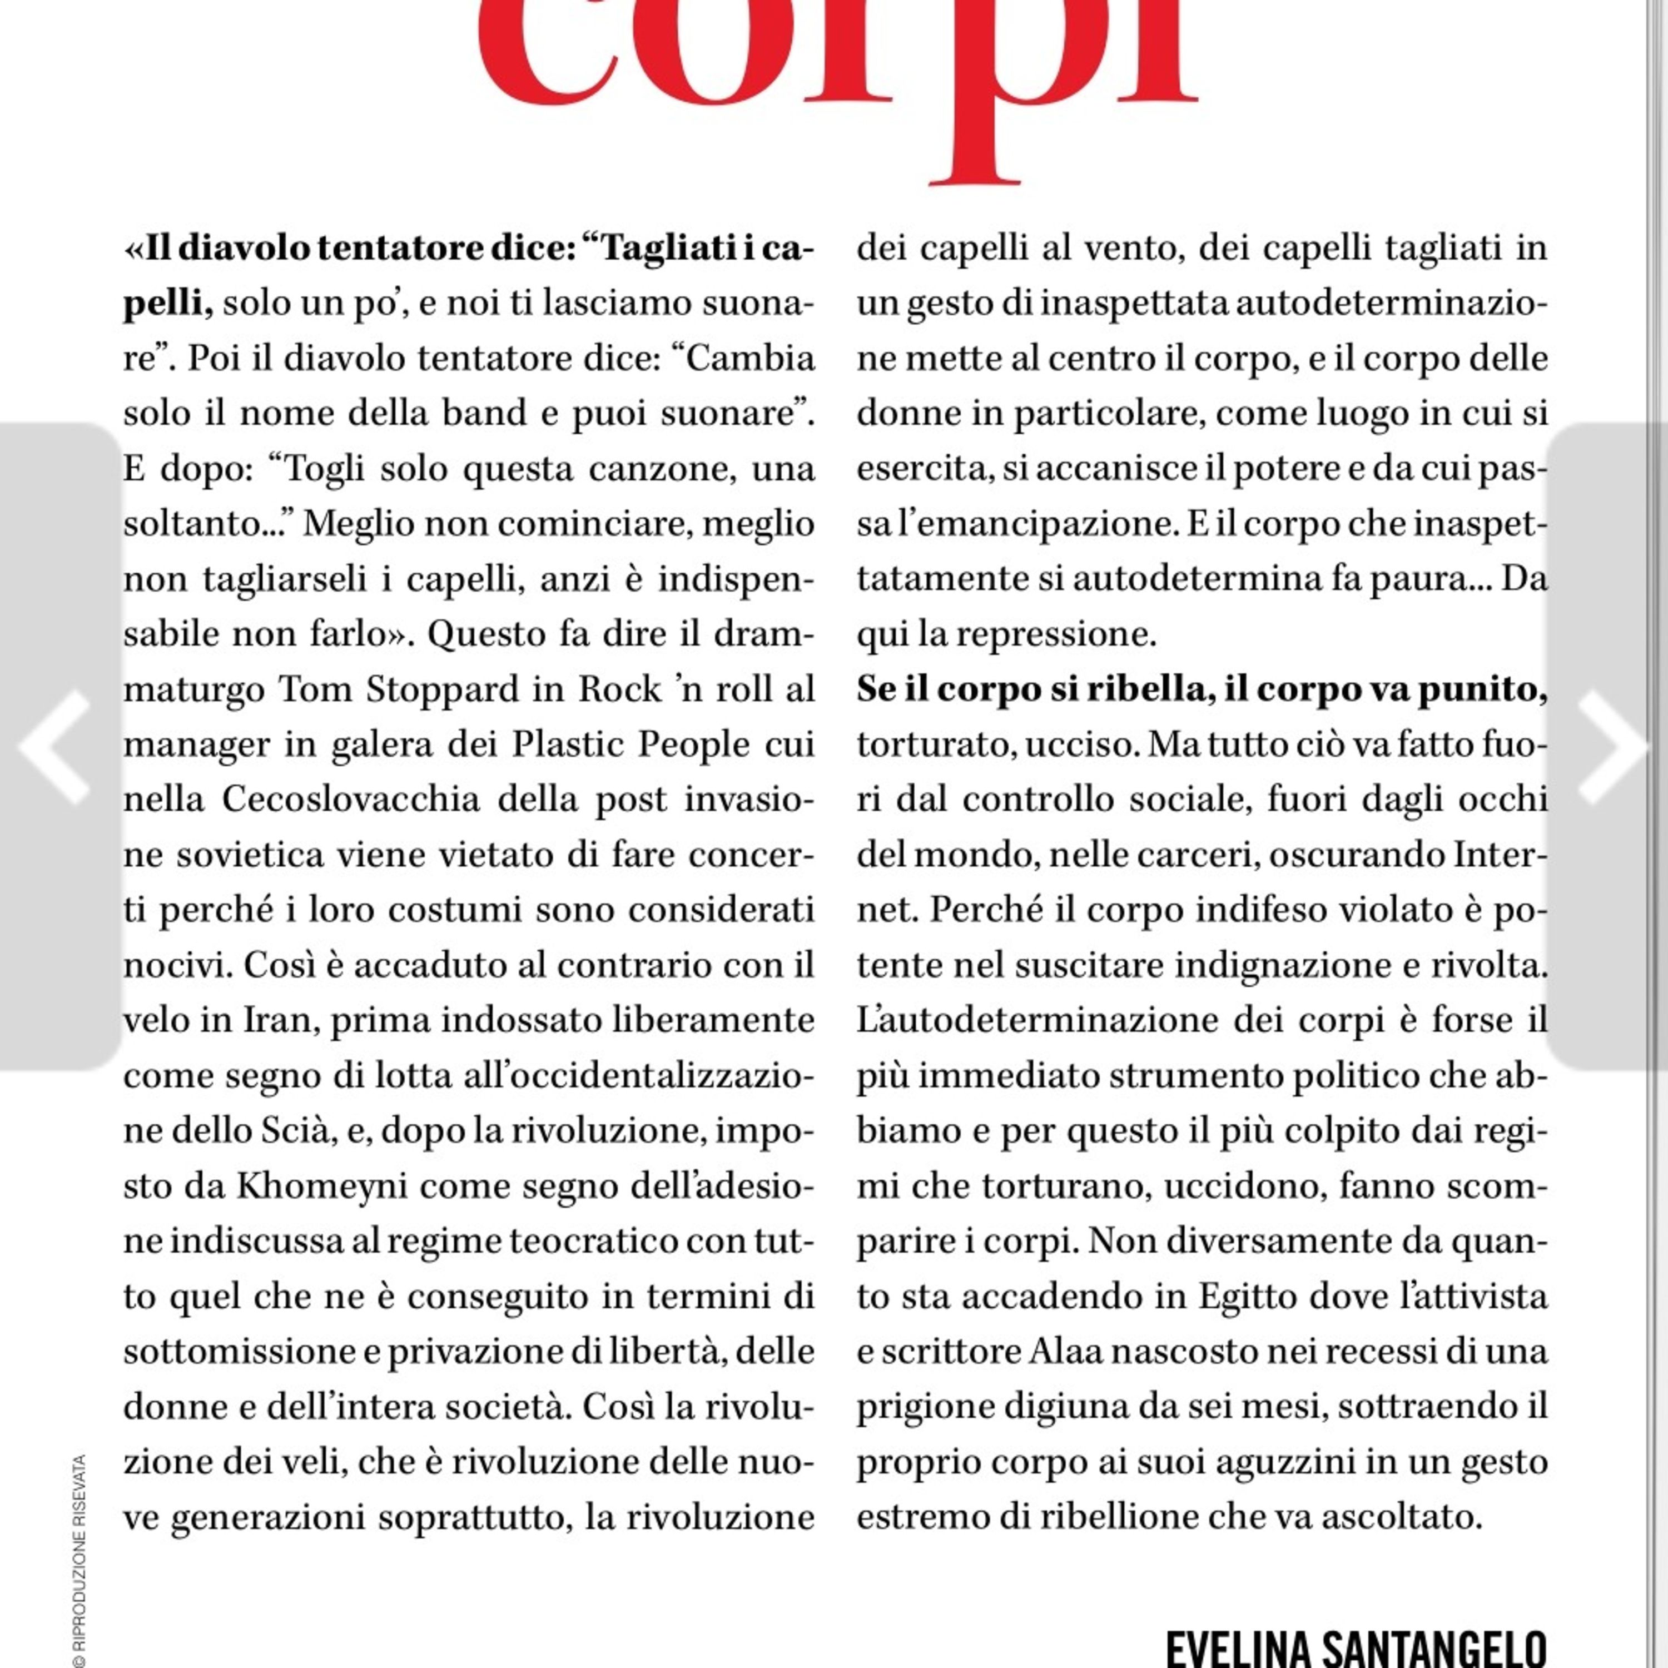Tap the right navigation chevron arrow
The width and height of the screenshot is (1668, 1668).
pyautogui.click(x=1613, y=747)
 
